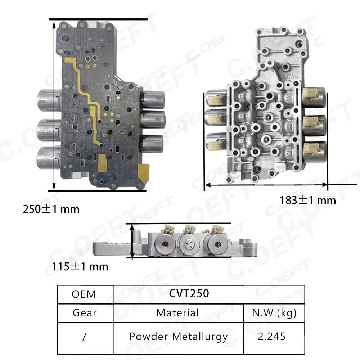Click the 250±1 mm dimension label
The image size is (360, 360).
tap(51, 209)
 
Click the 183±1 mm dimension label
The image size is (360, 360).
tap(307, 200)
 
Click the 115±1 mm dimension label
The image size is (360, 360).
tap(80, 267)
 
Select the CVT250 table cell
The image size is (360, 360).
tap(189, 294)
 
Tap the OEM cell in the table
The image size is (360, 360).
tap(84, 294)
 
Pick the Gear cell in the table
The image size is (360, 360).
tap(85, 312)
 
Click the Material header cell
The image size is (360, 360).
tap(177, 312)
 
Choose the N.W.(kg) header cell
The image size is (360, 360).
tap(272, 312)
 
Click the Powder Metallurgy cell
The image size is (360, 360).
tap(178, 337)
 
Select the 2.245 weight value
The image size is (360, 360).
tap(272, 337)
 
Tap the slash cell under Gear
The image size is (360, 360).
tap(85, 337)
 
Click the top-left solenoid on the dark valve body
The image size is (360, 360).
tap(49, 100)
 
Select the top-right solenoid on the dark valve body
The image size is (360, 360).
tap(153, 100)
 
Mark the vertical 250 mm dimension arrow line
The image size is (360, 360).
tap(54, 104)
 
